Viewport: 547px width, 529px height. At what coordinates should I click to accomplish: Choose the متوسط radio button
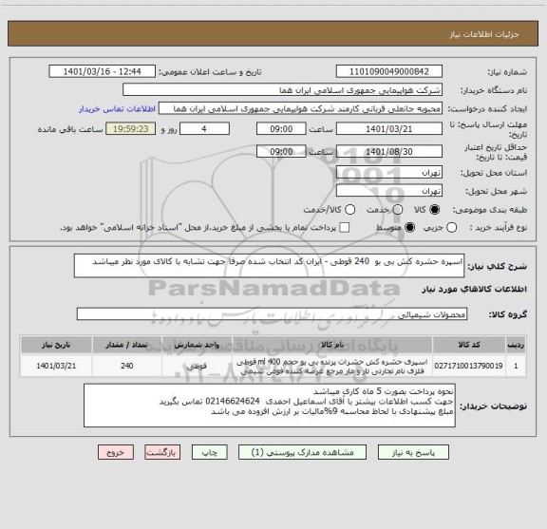pos(411,227)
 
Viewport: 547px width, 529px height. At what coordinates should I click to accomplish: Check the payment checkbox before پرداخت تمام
pos(345,227)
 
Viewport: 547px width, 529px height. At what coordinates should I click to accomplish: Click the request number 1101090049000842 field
pos(390,71)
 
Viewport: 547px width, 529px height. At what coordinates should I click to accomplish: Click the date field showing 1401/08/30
pos(389,150)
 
